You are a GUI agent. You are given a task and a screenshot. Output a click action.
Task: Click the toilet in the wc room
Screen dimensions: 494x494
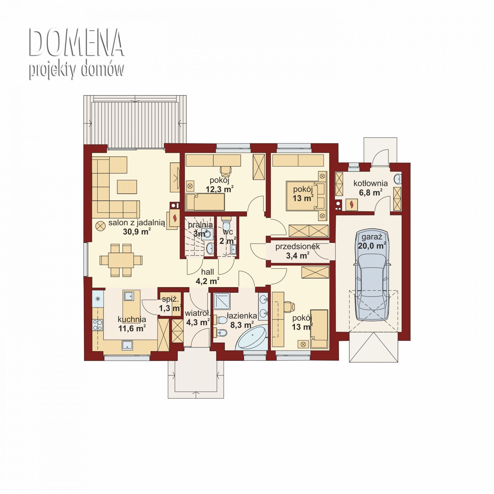pos(227,224)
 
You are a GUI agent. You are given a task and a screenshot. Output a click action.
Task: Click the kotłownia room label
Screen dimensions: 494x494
pos(370,183)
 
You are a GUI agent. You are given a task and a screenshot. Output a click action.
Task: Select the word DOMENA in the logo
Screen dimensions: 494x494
pos(76,42)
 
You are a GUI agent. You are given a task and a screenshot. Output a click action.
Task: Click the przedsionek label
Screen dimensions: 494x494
pos(297,247)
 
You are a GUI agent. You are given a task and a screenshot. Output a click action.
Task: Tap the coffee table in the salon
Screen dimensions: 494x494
pos(127,187)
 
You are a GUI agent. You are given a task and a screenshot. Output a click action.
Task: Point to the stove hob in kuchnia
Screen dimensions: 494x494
pos(98,325)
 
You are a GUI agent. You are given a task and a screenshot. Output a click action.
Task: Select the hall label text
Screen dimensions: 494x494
pos(207,272)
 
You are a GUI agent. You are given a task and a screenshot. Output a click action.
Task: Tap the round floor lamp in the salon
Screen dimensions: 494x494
pos(101,226)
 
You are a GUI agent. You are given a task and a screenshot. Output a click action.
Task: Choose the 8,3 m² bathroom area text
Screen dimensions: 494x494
pos(241,324)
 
